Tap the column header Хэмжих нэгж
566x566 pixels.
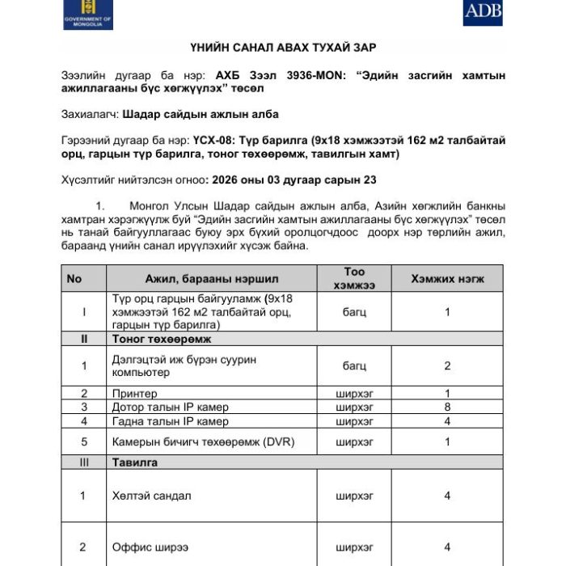coord(447,279)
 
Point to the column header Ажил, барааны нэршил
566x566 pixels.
coord(212,279)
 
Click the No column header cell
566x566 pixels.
coord(74,279)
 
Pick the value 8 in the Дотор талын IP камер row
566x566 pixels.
coord(447,408)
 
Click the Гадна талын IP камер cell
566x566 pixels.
coord(171,421)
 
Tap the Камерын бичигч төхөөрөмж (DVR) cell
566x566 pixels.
coord(192,442)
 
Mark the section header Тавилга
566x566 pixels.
coord(135,463)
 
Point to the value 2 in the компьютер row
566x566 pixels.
coord(447,366)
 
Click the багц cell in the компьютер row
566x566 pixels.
coord(354,366)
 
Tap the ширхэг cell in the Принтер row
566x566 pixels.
coord(354,394)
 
